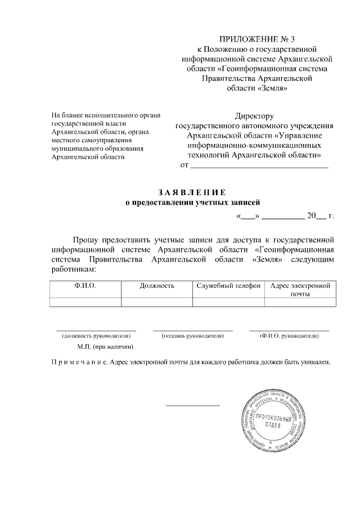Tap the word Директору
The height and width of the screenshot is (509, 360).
pos(255,116)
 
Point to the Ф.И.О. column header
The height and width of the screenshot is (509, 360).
pos(85,286)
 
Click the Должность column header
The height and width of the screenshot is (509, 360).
pos(157,286)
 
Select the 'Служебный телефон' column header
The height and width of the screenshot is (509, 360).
pos(228,286)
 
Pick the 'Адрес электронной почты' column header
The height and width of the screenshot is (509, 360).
pos(300,290)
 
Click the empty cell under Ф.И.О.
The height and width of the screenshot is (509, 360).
pos(85,302)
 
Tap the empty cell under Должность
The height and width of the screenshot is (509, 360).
pos(157,302)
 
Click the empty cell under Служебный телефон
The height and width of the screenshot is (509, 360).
pos(228,302)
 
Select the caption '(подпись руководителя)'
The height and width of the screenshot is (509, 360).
pos(192,336)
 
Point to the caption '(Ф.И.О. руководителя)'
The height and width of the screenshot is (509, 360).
pos(289,336)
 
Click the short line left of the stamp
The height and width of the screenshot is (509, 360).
pos(192,405)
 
